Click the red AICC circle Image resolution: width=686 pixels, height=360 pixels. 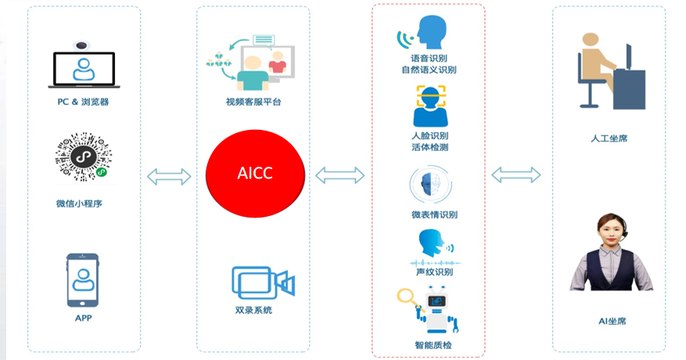pyautogui.click(x=255, y=174)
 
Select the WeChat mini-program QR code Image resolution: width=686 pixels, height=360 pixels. pyautogui.click(x=83, y=157)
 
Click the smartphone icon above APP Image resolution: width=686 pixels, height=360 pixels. pyautogui.click(x=83, y=280)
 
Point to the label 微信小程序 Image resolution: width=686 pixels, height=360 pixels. pyautogui.click(x=79, y=203)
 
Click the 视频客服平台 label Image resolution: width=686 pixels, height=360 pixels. pyautogui.click(x=253, y=102)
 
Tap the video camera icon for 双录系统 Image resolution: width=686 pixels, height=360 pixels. pyautogui.click(x=263, y=283)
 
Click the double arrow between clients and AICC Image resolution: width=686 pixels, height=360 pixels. pyautogui.click(x=169, y=177)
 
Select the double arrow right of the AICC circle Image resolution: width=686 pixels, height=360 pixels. pyautogui.click(x=340, y=175)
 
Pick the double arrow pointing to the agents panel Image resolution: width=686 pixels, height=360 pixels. pyautogui.click(x=516, y=175)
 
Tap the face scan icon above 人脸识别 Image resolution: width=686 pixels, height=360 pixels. pyautogui.click(x=430, y=106)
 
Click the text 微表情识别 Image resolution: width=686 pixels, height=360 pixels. pyautogui.click(x=434, y=214)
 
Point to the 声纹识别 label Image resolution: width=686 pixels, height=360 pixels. pyautogui.click(x=434, y=272)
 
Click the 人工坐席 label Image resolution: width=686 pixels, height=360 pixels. pyautogui.click(x=609, y=139)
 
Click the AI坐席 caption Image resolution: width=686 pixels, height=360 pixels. pyautogui.click(x=612, y=322)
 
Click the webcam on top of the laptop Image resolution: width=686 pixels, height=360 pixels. pyautogui.click(x=81, y=45)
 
